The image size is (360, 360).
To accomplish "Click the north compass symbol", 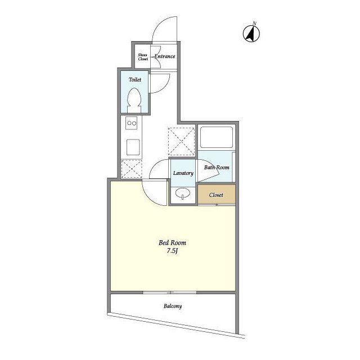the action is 251,34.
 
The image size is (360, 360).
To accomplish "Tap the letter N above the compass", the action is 254,23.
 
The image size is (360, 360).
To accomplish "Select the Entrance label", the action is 165,56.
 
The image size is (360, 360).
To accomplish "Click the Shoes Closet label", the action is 142,57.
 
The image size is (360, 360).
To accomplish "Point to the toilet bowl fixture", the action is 134,100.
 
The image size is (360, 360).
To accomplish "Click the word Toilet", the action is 135,80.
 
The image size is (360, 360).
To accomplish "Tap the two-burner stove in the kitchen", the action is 132,123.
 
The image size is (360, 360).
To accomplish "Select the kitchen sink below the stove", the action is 133,147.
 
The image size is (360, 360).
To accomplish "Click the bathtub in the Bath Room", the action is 216,137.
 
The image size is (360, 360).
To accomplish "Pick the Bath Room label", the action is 217,168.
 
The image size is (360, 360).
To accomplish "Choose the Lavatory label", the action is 183,173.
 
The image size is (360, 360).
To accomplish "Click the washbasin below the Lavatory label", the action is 183,193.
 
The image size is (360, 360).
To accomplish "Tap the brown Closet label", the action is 216,195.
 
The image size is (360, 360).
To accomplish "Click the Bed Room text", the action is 173,242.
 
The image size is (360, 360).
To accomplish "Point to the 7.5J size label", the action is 173,251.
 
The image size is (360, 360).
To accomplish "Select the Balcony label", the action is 173,306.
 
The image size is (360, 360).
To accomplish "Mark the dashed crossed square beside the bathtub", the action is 181,142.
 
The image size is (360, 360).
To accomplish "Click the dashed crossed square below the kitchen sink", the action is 132,169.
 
